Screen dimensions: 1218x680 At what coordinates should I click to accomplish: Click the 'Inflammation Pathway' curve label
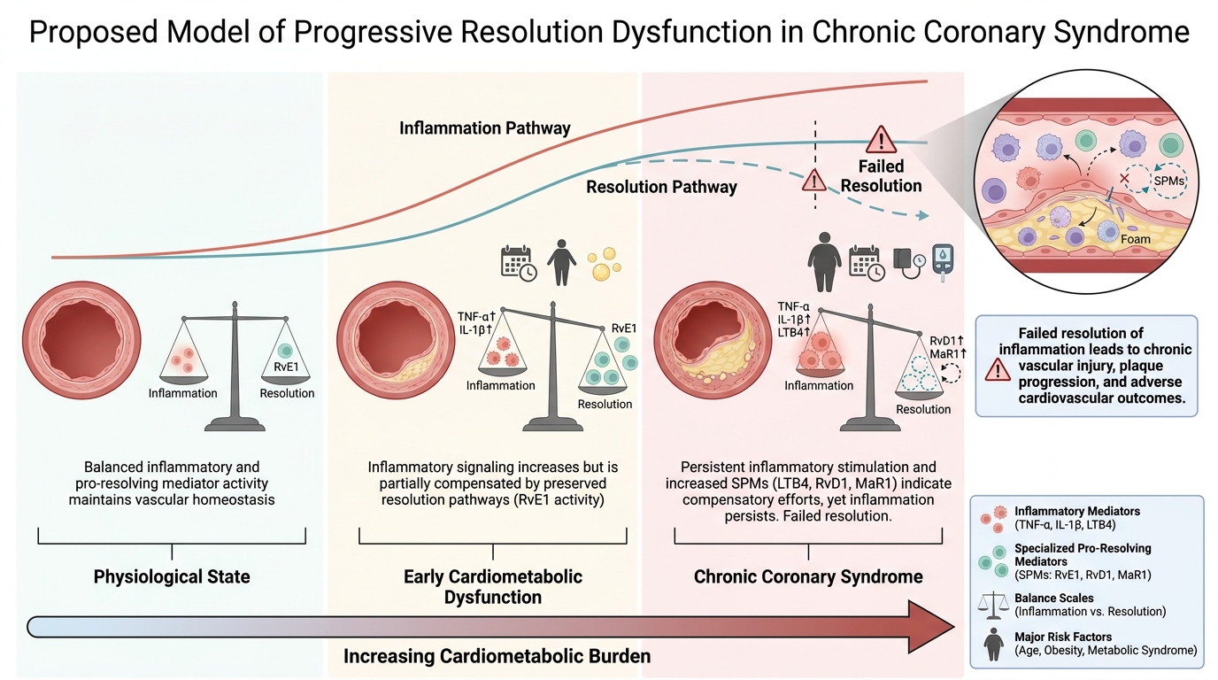[484, 128]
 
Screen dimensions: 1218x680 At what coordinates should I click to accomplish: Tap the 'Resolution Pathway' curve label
[661, 187]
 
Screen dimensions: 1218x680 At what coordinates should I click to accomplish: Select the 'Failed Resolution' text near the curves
[881, 175]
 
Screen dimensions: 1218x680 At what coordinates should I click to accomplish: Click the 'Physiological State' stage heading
[172, 576]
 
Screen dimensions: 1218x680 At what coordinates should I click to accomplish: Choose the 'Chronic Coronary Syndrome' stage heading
[808, 576]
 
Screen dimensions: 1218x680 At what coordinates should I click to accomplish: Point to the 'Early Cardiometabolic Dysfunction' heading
[493, 587]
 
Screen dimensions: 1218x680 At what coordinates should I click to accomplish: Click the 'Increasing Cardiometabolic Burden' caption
[497, 656]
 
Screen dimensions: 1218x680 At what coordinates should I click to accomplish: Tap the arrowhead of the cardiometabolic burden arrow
[931, 627]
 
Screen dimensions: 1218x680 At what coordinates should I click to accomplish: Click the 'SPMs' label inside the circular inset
[1168, 181]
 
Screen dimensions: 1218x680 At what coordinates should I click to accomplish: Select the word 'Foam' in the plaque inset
[1136, 239]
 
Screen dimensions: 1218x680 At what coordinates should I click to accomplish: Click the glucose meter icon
[943, 263]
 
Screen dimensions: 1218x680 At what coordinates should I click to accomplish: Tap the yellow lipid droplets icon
[604, 264]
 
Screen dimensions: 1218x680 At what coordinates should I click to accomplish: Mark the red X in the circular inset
[1124, 179]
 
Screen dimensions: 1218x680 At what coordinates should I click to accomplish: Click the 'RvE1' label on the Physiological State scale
[286, 367]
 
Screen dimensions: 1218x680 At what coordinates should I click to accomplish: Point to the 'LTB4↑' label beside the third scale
[794, 332]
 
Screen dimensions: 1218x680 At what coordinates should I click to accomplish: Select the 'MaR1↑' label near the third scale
[948, 354]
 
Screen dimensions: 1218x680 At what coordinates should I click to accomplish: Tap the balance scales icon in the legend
[993, 606]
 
